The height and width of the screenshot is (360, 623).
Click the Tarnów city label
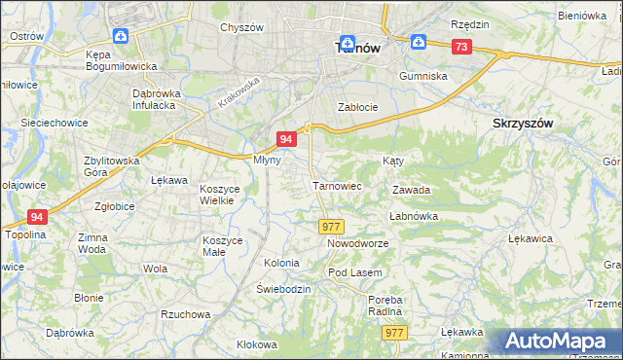tap(356, 47)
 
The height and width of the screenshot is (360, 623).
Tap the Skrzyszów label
tap(524, 124)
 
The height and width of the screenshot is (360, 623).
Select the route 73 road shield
tap(461, 47)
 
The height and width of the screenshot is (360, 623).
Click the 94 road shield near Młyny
tap(285, 140)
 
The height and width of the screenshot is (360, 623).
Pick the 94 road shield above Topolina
tap(37, 217)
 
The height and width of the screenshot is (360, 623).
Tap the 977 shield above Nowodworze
tap(330, 226)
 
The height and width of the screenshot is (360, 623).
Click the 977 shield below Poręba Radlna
tap(394, 333)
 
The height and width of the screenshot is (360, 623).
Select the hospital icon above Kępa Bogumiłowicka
tap(120, 37)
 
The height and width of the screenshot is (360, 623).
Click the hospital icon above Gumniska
tap(418, 42)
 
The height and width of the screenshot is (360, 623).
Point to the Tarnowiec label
tap(337, 186)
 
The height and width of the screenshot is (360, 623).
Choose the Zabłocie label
tap(356, 107)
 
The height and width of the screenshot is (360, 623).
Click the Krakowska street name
tap(238, 94)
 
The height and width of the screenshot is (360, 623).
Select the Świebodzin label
tap(283, 290)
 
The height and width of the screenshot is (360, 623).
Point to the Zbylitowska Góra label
tap(112, 166)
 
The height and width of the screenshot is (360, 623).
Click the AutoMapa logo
tap(558, 342)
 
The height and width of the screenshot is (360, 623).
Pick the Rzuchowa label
tap(185, 314)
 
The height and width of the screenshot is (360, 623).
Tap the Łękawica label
tap(531, 237)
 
